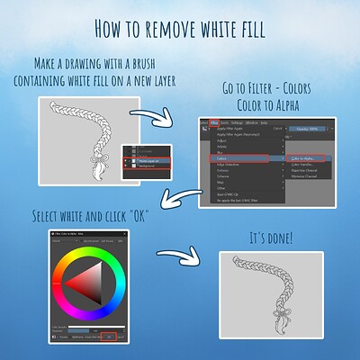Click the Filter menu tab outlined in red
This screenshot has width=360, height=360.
[x=213, y=122]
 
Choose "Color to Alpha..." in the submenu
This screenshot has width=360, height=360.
[x=301, y=158]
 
